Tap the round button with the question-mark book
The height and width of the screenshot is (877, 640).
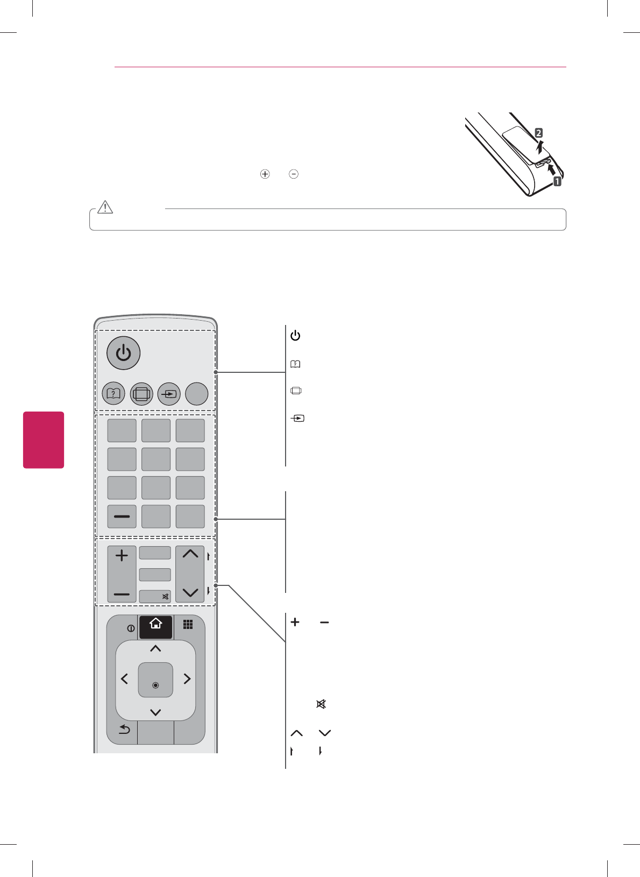point(113,394)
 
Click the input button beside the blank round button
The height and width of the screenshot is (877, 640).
point(169,394)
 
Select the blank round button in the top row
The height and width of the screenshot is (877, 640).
point(197,394)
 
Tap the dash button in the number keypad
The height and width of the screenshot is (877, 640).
point(122,517)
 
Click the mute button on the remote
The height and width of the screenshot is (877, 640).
point(155,596)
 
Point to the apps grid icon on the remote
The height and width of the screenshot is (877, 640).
point(188,625)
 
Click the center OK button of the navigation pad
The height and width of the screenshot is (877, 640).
point(155,680)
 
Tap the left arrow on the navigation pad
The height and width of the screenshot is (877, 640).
point(125,680)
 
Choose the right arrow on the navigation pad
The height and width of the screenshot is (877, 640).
point(187,680)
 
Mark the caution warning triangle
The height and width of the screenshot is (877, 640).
point(105,208)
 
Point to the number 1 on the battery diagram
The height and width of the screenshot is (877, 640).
point(558,181)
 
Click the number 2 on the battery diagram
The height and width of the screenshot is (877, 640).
point(538,133)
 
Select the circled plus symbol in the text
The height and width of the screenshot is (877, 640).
point(265,174)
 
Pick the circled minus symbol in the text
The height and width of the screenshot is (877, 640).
point(294,174)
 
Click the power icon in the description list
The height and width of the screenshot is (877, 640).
point(295,336)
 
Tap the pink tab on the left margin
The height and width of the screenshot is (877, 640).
point(44,440)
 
